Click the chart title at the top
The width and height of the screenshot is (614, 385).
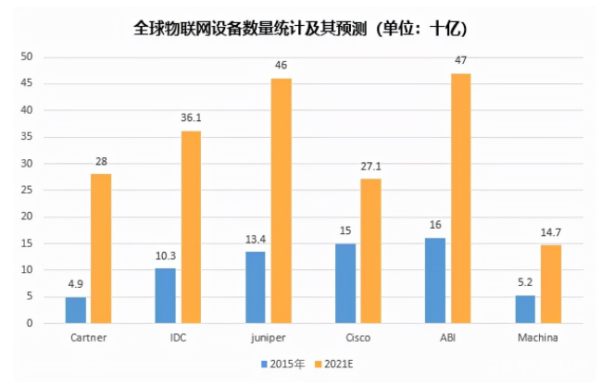pyautogui.click(x=307, y=26)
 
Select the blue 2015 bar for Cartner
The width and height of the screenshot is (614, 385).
pyautogui.click(x=76, y=310)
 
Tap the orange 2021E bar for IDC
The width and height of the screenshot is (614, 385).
pyautogui.click(x=191, y=227)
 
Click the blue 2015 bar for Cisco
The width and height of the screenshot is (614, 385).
pyautogui.click(x=345, y=283)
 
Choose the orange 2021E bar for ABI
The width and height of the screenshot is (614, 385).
pyautogui.click(x=460, y=198)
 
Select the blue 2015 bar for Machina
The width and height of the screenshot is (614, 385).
pyautogui.click(x=525, y=309)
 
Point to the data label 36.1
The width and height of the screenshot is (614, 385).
pyautogui.click(x=191, y=118)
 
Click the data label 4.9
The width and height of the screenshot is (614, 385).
pyautogui.click(x=76, y=284)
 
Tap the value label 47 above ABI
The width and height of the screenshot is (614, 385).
pyautogui.click(x=460, y=61)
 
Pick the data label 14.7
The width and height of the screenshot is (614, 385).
pyautogui.click(x=550, y=232)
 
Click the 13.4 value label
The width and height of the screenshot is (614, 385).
pyautogui.click(x=256, y=240)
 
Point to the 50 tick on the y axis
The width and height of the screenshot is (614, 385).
pyautogui.click(x=27, y=57)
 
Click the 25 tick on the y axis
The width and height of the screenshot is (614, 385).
pyautogui.click(x=27, y=191)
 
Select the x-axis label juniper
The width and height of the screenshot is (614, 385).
pyautogui.click(x=268, y=338)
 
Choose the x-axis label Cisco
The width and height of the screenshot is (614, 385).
pyautogui.click(x=357, y=338)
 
